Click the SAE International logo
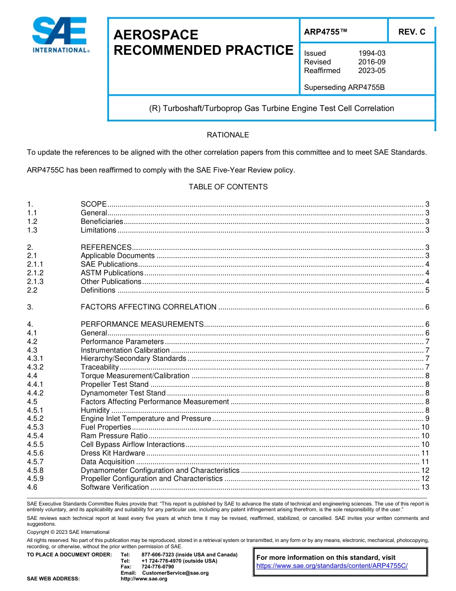[60, 35]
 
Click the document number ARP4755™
[325, 32]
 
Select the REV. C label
[411, 32]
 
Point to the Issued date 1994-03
[372, 53]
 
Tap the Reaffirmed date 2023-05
[372, 71]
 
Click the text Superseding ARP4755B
[344, 87]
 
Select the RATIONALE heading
[228, 135]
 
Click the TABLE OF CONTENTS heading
[228, 186]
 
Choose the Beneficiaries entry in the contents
[102, 222]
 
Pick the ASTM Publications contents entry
[112, 273]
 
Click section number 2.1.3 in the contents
[36, 282]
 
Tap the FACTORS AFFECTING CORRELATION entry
[148, 307]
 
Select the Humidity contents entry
[95, 410]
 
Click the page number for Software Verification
[425, 487]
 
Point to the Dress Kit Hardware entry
[112, 453]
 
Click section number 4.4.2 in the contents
[36, 393]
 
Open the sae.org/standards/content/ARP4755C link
[332, 566]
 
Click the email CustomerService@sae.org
[175, 573]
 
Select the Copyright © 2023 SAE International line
[68, 532]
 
